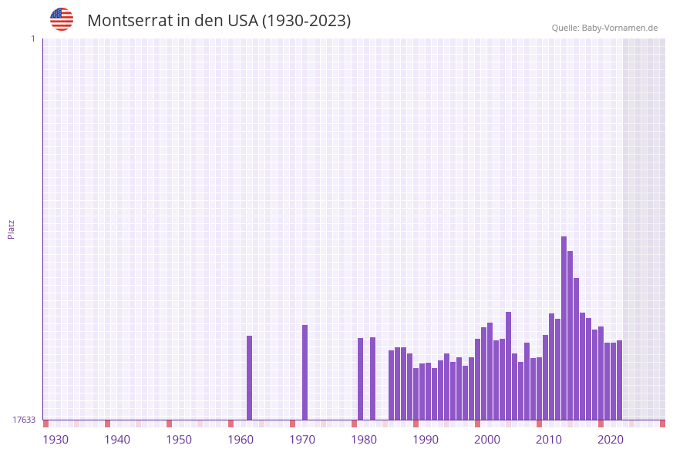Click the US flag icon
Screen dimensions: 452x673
click(x=62, y=19)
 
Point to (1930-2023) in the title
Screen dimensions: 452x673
click(x=307, y=21)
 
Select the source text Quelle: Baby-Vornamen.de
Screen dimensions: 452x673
click(x=604, y=28)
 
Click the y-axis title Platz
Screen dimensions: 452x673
click(x=12, y=229)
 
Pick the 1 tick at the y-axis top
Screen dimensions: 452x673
click(x=32, y=39)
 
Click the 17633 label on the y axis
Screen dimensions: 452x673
click(x=24, y=420)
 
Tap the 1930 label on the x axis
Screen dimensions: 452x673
click(x=56, y=440)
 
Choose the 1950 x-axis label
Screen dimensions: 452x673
click(x=179, y=440)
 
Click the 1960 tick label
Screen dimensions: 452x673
click(x=241, y=440)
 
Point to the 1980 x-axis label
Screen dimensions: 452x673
click(x=364, y=440)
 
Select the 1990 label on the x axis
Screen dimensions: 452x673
click(x=426, y=440)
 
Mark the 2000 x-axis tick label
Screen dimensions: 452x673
click(x=487, y=440)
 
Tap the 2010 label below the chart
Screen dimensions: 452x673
click(x=549, y=440)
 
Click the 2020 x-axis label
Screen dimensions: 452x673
click(x=611, y=440)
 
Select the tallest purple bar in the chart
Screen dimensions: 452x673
click(x=564, y=327)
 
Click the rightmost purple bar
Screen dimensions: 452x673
click(x=619, y=380)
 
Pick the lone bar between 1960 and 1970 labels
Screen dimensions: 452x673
click(x=249, y=377)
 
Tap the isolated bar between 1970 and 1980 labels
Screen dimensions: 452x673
click(x=305, y=372)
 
